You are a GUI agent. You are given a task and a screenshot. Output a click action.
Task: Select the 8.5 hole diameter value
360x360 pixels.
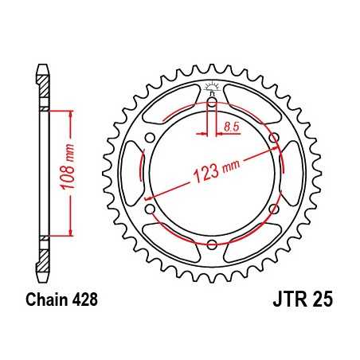(x=232, y=127)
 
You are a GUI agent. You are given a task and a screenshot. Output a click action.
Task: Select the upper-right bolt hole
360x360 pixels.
(x=275, y=138)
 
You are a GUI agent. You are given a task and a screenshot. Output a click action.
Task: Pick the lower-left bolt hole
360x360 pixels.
(x=150, y=208)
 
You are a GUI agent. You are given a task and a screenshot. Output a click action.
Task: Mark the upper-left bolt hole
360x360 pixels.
(x=150, y=138)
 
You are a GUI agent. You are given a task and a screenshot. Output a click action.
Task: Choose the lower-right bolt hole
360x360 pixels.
(x=275, y=208)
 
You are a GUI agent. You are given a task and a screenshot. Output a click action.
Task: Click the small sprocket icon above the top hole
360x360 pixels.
(x=212, y=87)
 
